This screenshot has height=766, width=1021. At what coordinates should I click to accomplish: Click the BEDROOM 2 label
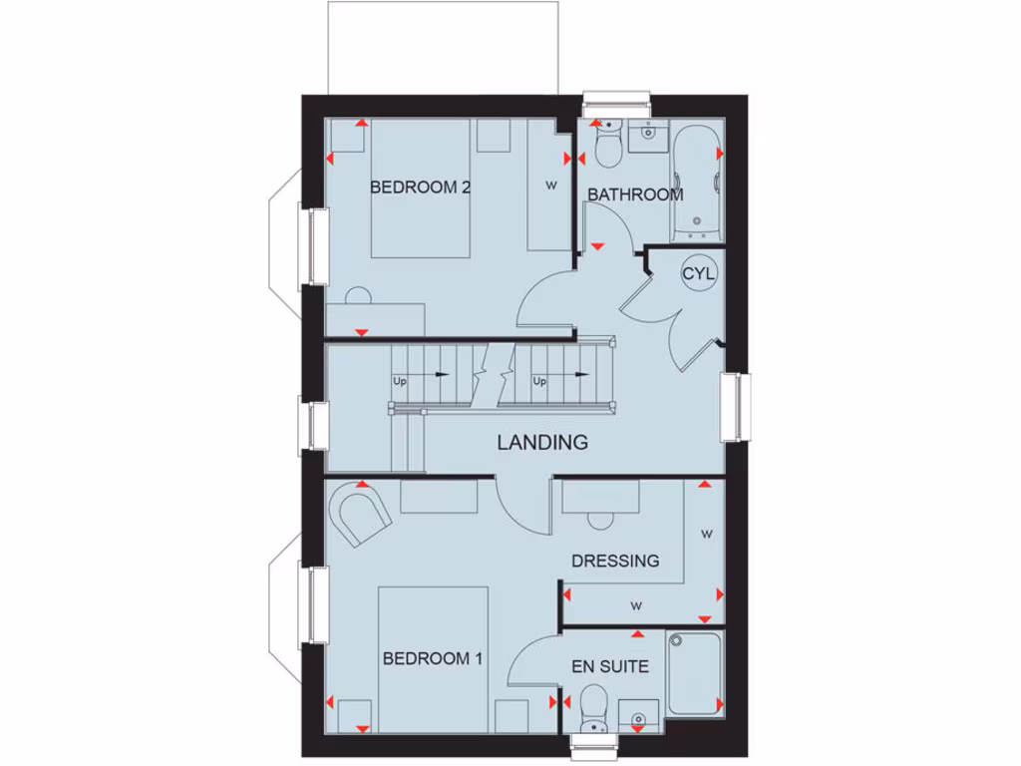pyautogui.click(x=420, y=187)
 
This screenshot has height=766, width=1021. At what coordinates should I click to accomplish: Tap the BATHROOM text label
pyautogui.click(x=634, y=194)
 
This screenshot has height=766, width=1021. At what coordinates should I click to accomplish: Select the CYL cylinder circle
pyautogui.click(x=699, y=274)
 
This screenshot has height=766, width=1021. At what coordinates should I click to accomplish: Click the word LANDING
pyautogui.click(x=543, y=442)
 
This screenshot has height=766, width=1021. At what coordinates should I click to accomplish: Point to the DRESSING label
pyautogui.click(x=615, y=561)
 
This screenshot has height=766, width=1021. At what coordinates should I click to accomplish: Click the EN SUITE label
pyautogui.click(x=609, y=665)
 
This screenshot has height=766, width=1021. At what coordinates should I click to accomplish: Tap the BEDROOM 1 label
pyautogui.click(x=433, y=658)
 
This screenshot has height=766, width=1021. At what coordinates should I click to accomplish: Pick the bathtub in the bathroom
pyautogui.click(x=696, y=181)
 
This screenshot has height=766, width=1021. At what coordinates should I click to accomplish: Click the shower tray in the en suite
pyautogui.click(x=694, y=673)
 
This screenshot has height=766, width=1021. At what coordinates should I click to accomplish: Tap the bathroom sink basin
pyautogui.click(x=649, y=133)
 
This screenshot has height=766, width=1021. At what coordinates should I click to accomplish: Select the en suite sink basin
pyautogui.click(x=638, y=714)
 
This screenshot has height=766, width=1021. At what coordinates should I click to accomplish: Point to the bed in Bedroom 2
pyautogui.click(x=420, y=190)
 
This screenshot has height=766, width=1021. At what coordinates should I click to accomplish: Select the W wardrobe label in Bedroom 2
pyautogui.click(x=549, y=186)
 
